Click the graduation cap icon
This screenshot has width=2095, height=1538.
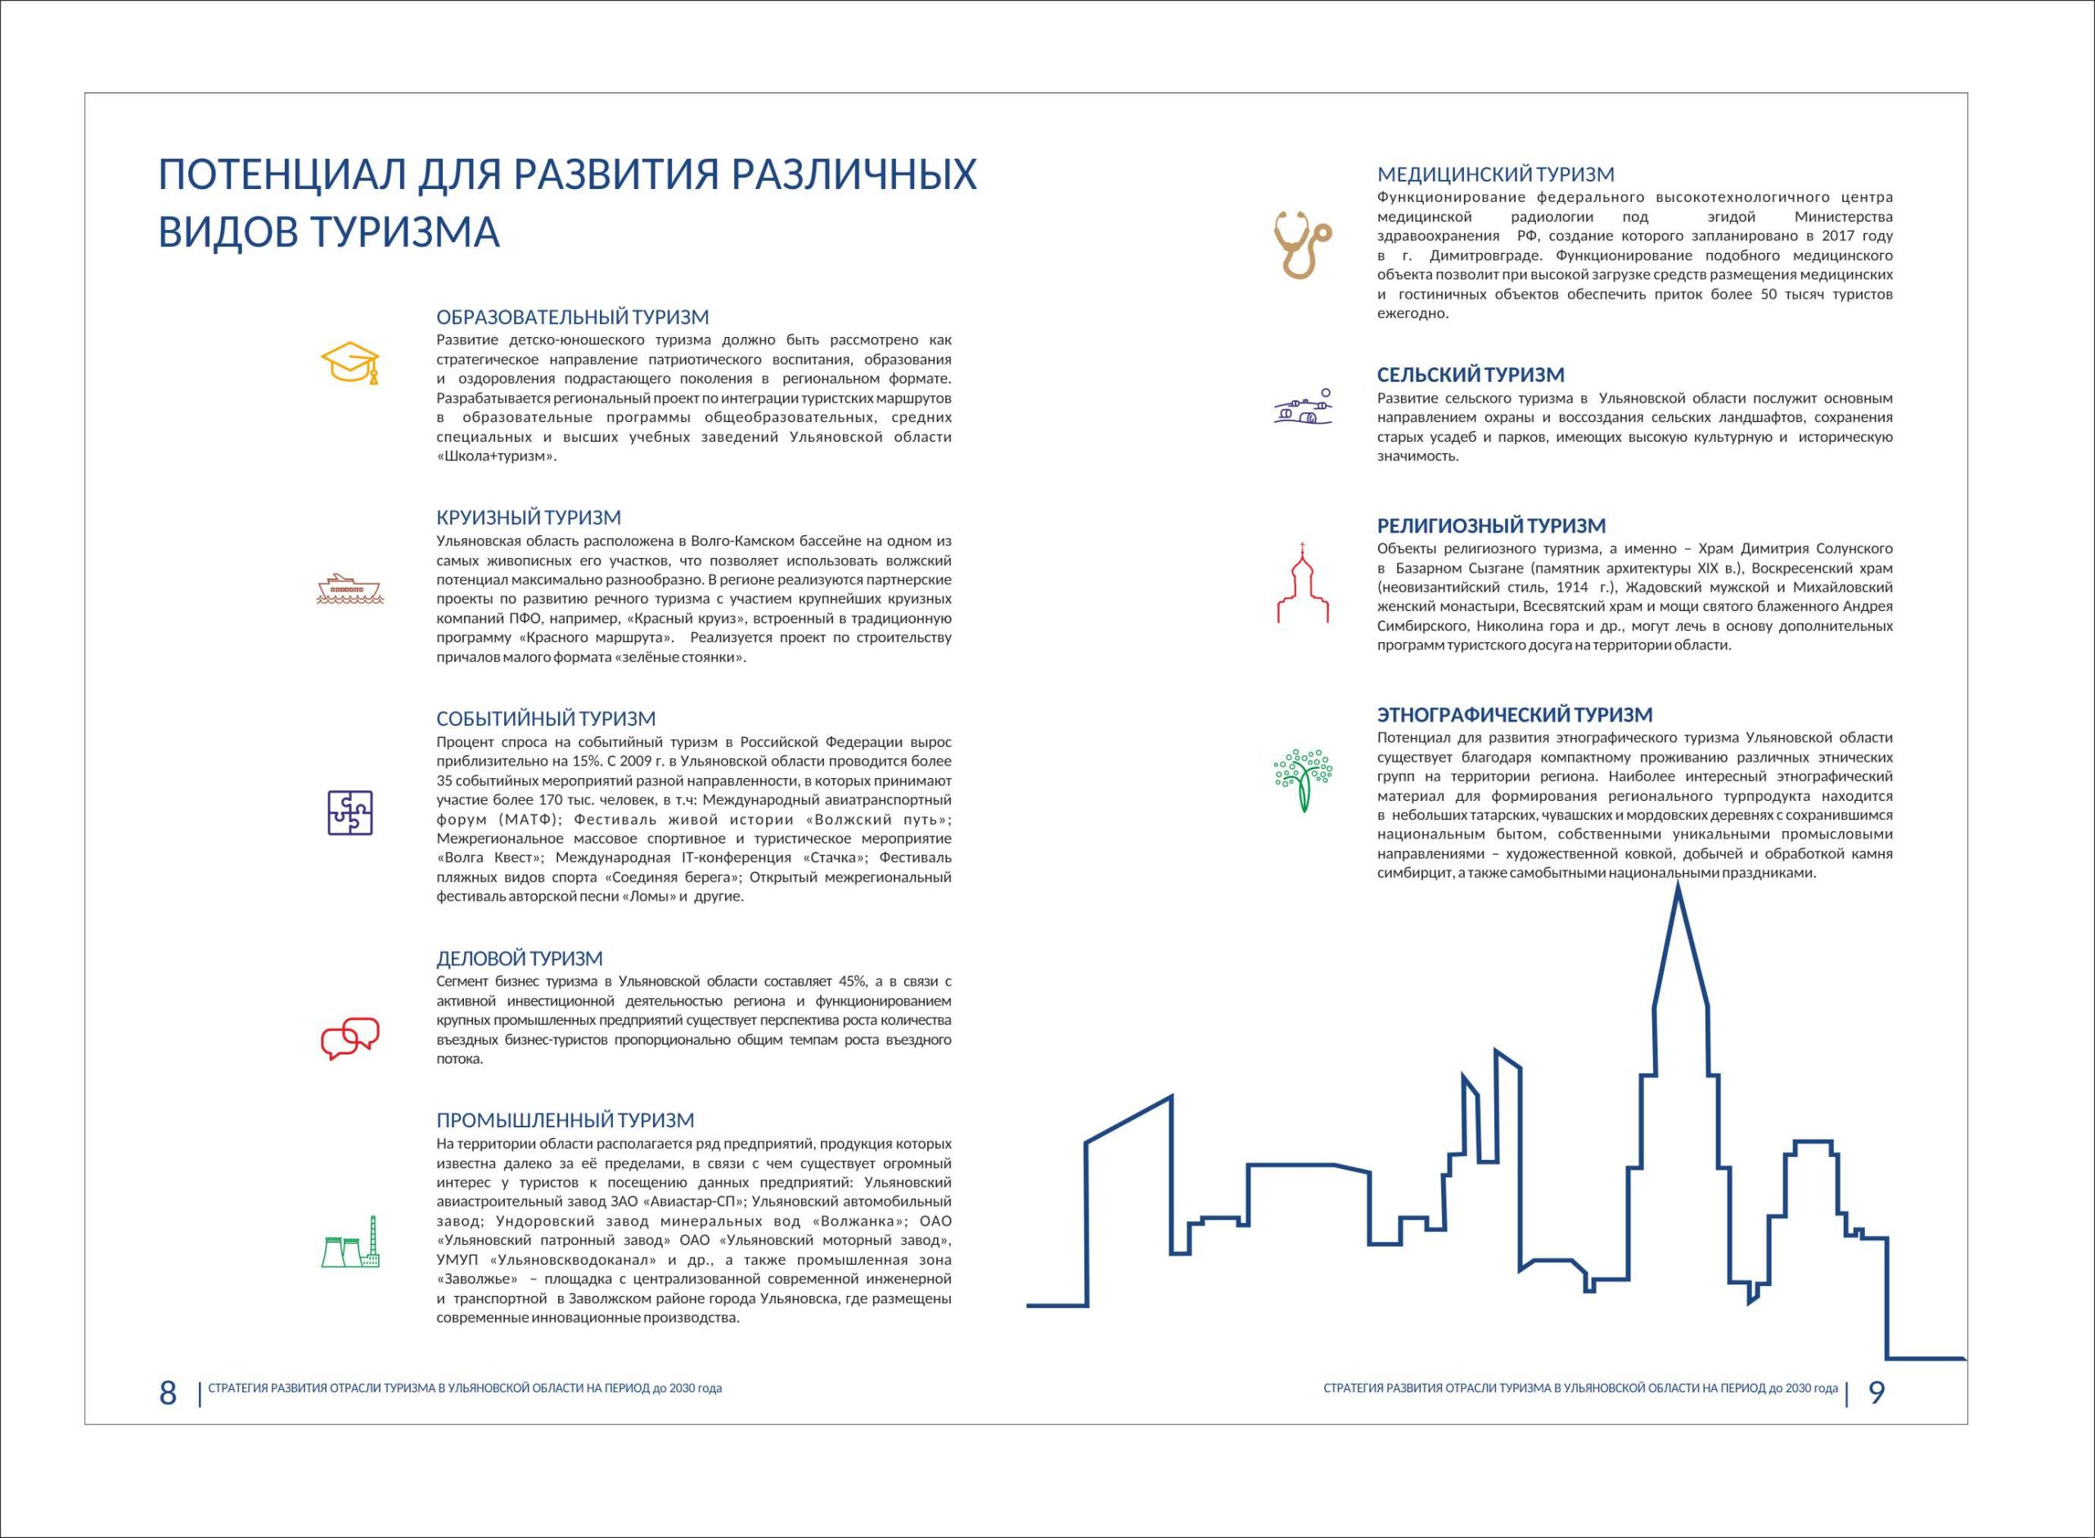point(350,363)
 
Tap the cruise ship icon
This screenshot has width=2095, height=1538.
point(350,588)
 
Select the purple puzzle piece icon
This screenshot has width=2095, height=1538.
point(350,812)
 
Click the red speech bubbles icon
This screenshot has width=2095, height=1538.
point(350,1038)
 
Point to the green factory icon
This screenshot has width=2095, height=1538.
point(350,1243)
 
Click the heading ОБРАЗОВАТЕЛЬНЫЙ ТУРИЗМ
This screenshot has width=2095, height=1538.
point(572,317)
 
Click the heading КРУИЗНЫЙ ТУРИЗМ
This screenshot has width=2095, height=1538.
point(528,518)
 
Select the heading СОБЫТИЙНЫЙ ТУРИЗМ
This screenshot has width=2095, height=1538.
point(546,719)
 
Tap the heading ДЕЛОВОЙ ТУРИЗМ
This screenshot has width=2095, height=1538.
point(520,959)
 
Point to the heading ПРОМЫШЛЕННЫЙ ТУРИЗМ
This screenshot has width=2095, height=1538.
point(565,1121)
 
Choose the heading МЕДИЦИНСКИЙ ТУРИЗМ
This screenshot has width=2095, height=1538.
point(1495,174)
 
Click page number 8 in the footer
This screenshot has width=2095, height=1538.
point(168,1392)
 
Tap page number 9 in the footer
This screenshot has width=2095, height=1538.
point(1876,1392)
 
